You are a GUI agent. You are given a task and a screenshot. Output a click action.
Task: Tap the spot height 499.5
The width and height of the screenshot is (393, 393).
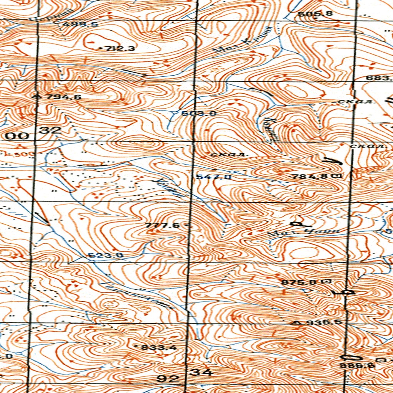pyautogui.click(x=81, y=25)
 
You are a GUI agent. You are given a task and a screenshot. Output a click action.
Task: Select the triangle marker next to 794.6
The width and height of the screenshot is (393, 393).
pyautogui.click(x=37, y=96)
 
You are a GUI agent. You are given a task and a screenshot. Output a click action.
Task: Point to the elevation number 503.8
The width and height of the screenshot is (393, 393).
pyautogui.click(x=199, y=114)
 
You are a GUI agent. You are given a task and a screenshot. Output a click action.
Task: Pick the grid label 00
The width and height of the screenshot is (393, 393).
pyautogui.click(x=17, y=135)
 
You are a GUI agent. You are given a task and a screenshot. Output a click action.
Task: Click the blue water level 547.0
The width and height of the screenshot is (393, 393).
pyautogui.click(x=214, y=177)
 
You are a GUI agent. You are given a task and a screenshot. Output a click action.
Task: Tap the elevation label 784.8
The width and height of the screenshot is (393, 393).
pyautogui.click(x=309, y=177)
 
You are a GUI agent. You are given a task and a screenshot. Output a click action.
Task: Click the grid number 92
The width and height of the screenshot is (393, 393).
pyautogui.click(x=168, y=379)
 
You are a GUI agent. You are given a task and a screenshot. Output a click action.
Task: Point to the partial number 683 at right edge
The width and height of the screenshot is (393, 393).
pyautogui.click(x=378, y=78)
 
